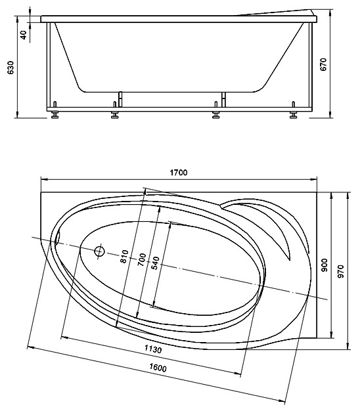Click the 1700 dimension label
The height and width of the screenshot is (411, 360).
pyautogui.click(x=179, y=173)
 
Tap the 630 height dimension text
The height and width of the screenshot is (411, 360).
pyautogui.click(x=11, y=68)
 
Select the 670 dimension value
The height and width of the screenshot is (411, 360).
pyautogui.click(x=323, y=64)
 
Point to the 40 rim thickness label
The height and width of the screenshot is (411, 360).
pyautogui.click(x=24, y=35)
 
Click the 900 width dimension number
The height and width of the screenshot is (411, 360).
pyautogui.click(x=325, y=265)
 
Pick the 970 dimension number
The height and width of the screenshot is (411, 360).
pyautogui.click(x=340, y=271)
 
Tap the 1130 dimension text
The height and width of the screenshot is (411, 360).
pyautogui.click(x=153, y=349)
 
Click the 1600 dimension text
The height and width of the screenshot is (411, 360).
pyautogui.click(x=158, y=368)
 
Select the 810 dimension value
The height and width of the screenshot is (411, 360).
pyautogui.click(x=124, y=256)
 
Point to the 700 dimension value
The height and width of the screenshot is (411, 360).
pyautogui.click(x=142, y=260)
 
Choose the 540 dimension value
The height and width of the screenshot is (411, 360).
pyautogui.click(x=155, y=263)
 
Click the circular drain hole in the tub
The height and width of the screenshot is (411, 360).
pyautogui.click(x=99, y=251)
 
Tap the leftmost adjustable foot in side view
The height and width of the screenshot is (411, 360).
pyautogui.click(x=55, y=112)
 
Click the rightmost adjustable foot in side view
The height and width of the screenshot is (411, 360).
pyautogui.click(x=294, y=112)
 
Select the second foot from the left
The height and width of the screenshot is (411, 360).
pyautogui.click(x=114, y=112)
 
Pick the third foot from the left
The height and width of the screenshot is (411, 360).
pyautogui.click(x=215, y=112)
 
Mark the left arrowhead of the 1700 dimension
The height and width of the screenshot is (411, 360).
pyautogui.click(x=44, y=179)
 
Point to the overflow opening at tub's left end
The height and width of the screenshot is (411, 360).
pyautogui.click(x=57, y=238)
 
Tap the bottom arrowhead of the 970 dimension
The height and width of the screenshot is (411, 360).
pyautogui.click(x=348, y=346)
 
